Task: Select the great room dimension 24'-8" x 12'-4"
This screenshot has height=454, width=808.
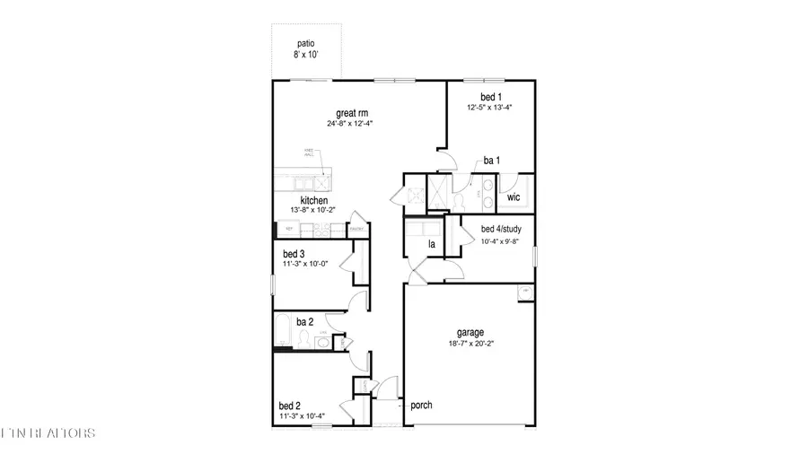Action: [x=350, y=124]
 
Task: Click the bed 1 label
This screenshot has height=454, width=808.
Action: [x=489, y=97]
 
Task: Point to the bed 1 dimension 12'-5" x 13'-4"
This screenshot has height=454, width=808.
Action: [x=489, y=108]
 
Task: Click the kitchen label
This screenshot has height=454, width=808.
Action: [x=313, y=199]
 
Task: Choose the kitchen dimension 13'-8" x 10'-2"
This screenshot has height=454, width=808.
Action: [x=313, y=210]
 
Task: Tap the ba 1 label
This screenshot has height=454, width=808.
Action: [x=492, y=161]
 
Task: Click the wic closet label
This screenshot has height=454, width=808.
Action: [x=514, y=196]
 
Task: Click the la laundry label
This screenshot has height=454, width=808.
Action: [x=431, y=244]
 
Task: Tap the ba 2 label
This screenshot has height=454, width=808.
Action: [x=304, y=322]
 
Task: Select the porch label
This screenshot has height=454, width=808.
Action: [x=421, y=406]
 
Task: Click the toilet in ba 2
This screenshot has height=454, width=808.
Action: [x=304, y=339]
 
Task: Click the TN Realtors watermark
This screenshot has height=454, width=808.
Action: [x=49, y=434]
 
